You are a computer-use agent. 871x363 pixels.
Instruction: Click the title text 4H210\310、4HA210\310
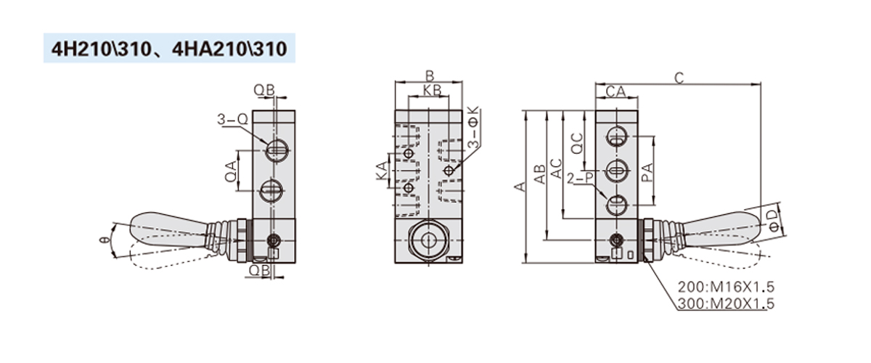click(169, 49)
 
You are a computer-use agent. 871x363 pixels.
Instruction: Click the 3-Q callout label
click(232, 119)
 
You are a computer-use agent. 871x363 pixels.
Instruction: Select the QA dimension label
click(231, 171)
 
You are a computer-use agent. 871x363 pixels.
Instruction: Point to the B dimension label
click(429, 76)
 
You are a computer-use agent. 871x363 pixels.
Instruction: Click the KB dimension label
click(432, 90)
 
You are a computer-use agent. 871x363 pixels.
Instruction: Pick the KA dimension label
click(382, 171)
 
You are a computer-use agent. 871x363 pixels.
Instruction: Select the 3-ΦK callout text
click(473, 127)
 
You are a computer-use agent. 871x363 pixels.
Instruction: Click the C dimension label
click(679, 78)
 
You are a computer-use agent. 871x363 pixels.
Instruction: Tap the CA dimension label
click(616, 91)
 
